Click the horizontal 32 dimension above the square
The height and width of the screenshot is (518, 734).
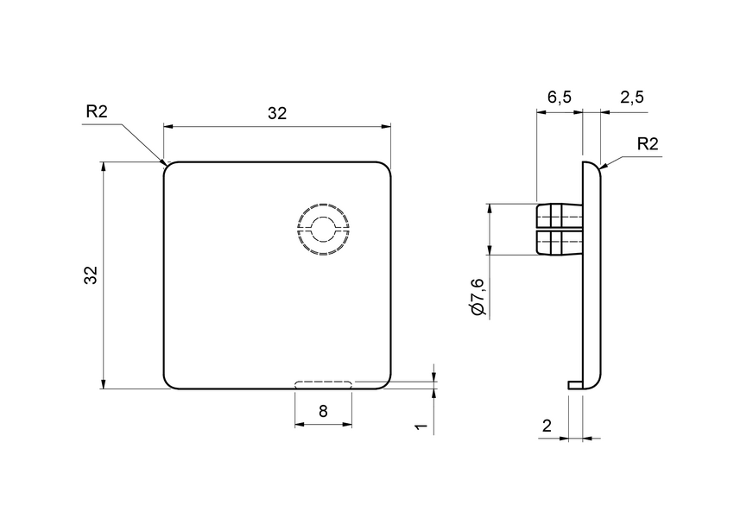coord(276,114)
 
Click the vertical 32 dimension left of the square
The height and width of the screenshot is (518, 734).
coord(91,275)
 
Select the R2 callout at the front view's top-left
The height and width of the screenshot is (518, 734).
coord(97,111)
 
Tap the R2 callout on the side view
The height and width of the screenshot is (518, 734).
coord(648,143)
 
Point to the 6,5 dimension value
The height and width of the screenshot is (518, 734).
coord(560,97)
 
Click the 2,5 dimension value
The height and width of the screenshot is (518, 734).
coord(632,97)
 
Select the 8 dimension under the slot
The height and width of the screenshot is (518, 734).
coord(323,411)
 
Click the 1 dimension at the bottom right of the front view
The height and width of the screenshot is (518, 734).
coord(420,427)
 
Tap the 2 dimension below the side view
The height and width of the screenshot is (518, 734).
coord(546,425)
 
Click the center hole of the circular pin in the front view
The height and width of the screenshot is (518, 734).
coord(323,230)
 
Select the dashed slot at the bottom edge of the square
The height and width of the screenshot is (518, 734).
coord(323,384)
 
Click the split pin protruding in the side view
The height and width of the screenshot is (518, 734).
coord(560,230)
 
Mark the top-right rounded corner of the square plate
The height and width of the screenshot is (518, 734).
coord(388,167)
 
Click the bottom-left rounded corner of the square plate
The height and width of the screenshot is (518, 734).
coord(168,384)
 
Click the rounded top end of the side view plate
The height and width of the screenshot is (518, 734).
coord(592,164)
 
